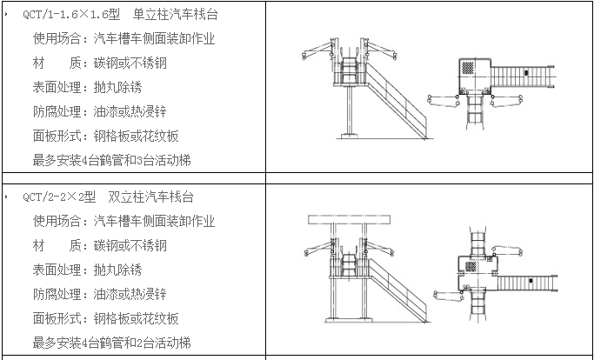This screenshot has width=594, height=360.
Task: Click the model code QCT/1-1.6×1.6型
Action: point(71,15)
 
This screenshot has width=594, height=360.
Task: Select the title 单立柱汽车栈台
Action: point(176,15)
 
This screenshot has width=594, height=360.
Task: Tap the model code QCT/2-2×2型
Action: point(59,197)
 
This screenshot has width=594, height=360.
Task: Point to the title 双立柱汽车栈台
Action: point(150,197)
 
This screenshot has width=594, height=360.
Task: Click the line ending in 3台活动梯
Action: point(111,160)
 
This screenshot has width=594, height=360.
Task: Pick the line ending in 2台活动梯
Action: point(111,343)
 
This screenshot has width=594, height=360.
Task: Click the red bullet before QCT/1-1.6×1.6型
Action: point(6,15)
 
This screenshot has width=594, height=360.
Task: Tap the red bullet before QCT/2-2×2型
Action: point(6,197)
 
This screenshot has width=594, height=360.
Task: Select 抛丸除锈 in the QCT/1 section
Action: point(117,88)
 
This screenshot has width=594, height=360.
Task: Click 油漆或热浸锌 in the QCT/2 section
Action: point(130,295)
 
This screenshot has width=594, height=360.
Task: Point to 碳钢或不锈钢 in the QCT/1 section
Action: point(130,63)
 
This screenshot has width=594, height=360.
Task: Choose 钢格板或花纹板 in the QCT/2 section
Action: point(136,318)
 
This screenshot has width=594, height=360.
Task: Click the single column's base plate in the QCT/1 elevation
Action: point(350,136)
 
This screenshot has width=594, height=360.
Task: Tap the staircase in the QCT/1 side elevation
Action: point(397,101)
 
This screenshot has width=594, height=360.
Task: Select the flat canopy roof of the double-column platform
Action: point(349,220)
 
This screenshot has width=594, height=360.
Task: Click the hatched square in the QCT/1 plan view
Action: point(468,68)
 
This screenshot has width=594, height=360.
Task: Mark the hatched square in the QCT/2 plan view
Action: point(471,266)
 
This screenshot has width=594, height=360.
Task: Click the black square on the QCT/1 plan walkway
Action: point(526,73)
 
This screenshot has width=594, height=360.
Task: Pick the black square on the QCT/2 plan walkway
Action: point(531,281)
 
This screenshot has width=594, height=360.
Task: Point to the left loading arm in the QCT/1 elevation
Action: point(317,50)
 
